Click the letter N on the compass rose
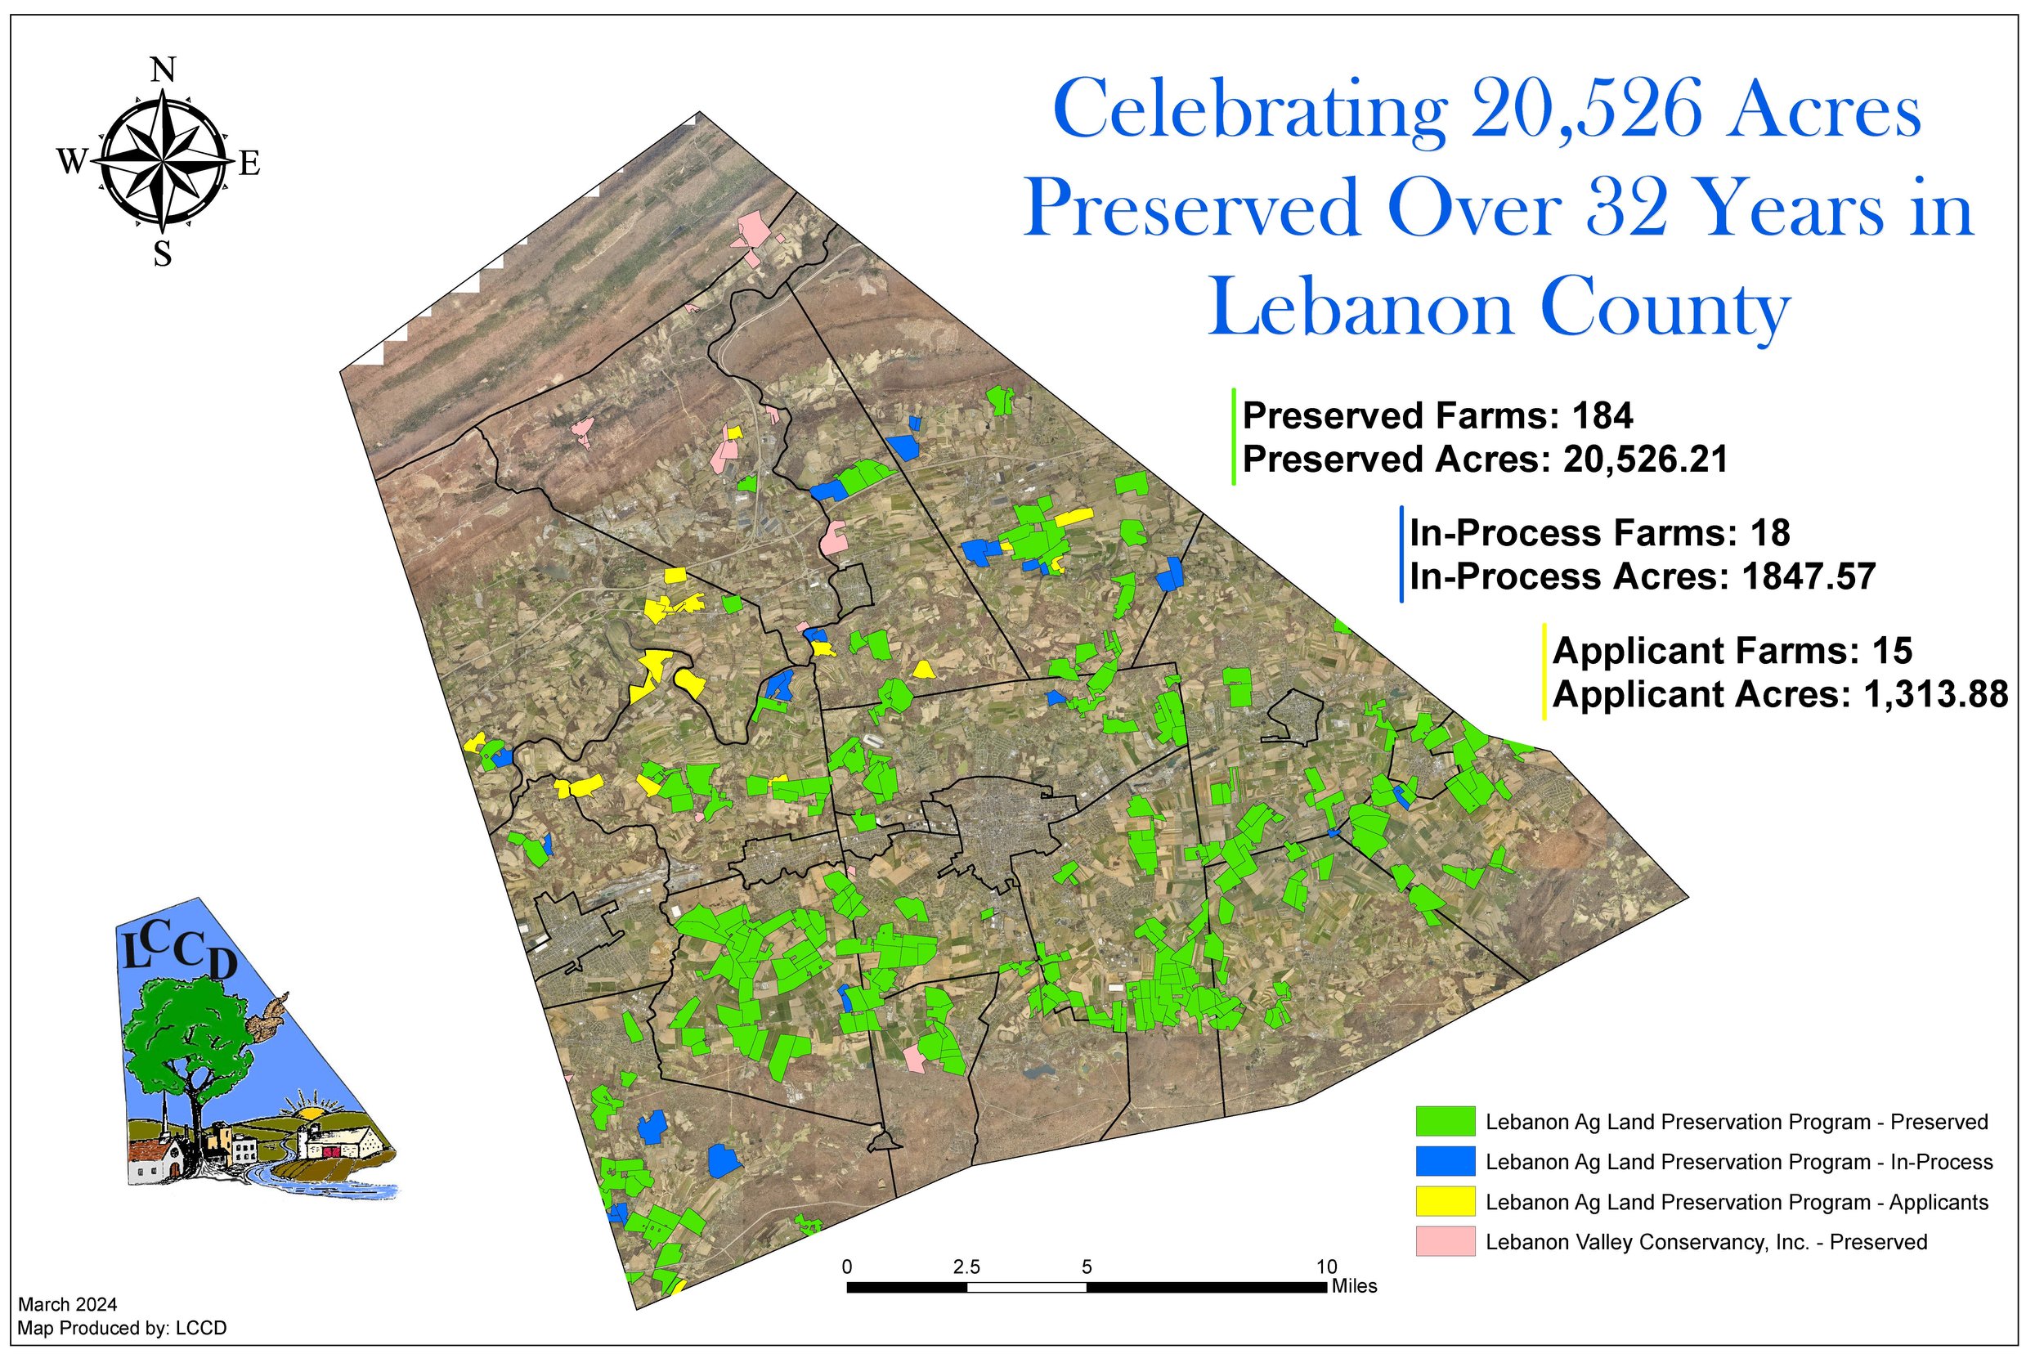pyautogui.click(x=164, y=69)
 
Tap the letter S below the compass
pyautogui.click(x=163, y=254)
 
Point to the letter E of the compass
pyautogui.click(x=249, y=163)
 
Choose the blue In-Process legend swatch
pyautogui.click(x=1445, y=1162)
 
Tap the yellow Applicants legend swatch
pyautogui.click(x=1445, y=1202)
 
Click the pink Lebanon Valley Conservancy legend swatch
pyautogui.click(x=1445, y=1242)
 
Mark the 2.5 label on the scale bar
pyautogui.click(x=966, y=1268)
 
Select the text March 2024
pyautogui.click(x=67, y=1305)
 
